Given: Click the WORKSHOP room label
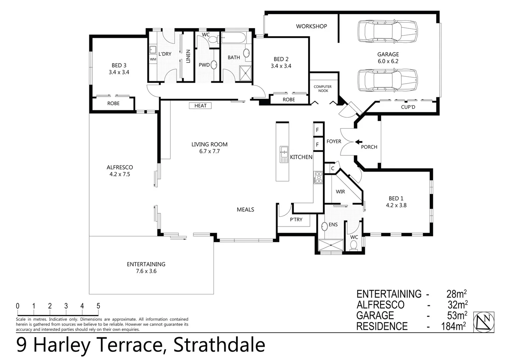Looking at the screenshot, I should click(x=311, y=26).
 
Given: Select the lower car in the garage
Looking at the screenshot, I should click(x=387, y=80).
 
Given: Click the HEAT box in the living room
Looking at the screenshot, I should click(x=200, y=106).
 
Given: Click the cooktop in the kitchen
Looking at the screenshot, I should click(x=318, y=178).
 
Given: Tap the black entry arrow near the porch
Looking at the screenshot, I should click(x=359, y=142).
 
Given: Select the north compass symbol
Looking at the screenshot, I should click(x=484, y=322).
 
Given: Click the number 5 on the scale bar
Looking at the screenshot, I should click(x=98, y=306).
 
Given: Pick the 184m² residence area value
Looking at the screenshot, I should click(x=453, y=326).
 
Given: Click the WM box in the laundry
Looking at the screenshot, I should click(x=153, y=59).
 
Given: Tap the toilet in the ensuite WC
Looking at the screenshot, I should click(x=354, y=246).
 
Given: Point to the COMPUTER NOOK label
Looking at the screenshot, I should click(x=323, y=89).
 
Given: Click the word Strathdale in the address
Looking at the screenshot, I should click(x=219, y=345).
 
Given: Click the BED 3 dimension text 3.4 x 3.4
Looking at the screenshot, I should click(x=119, y=72).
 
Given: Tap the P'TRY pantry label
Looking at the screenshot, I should click(x=296, y=220).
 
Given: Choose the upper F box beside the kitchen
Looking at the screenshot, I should click(x=318, y=130).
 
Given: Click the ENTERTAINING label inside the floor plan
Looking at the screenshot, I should click(x=146, y=264).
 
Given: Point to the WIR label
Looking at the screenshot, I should click(x=340, y=192).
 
